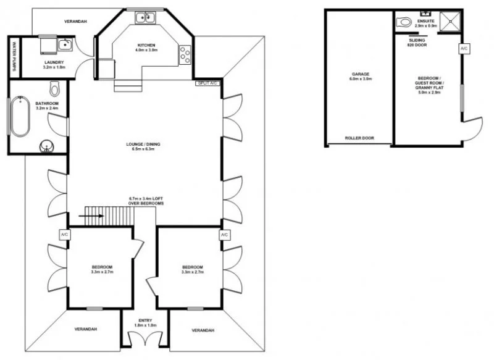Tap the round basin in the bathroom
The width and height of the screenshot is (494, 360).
click(x=46, y=146)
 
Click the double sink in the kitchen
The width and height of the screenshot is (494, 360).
click(x=145, y=17)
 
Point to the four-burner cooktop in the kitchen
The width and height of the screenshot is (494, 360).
click(x=184, y=54)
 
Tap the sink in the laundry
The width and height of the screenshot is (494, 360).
click(x=65, y=44)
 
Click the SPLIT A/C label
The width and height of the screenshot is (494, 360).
click(x=207, y=83)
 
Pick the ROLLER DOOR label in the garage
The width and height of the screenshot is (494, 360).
click(x=358, y=138)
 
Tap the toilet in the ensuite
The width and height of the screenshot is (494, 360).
click(x=404, y=22)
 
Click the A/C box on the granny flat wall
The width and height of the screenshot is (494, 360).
click(x=463, y=48)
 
